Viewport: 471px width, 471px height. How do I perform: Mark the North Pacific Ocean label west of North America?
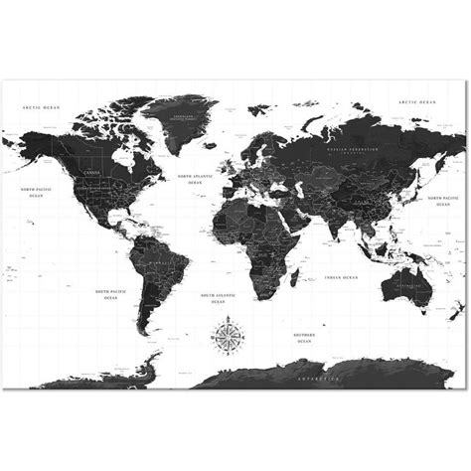coord(38,193)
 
